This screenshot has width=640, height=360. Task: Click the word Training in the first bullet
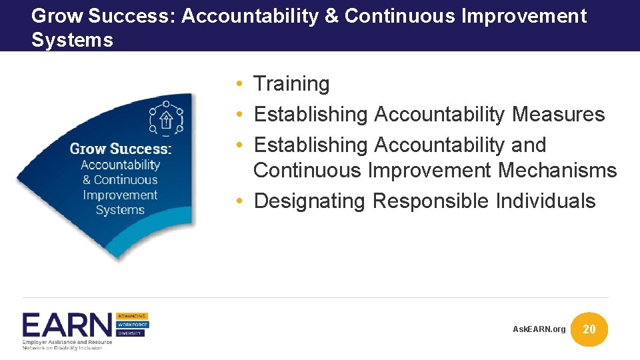pos(291,84)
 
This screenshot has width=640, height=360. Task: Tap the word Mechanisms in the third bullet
pos(557,171)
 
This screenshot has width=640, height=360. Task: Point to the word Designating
pos(310,201)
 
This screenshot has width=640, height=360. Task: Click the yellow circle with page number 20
pos(589,329)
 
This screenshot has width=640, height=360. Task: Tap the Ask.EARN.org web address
pos(539,329)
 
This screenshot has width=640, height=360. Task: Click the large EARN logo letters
pos(67,325)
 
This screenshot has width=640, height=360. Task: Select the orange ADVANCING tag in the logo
pos(132,315)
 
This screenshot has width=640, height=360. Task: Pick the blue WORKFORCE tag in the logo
pos(132,325)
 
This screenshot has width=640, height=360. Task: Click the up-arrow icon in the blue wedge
pos(167,120)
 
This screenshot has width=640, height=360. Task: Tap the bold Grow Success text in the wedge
pos(121,148)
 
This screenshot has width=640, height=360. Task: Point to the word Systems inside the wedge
pos(120,210)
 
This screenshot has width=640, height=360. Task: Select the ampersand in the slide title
pos(331,16)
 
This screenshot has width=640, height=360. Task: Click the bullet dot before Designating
pos(238,201)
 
